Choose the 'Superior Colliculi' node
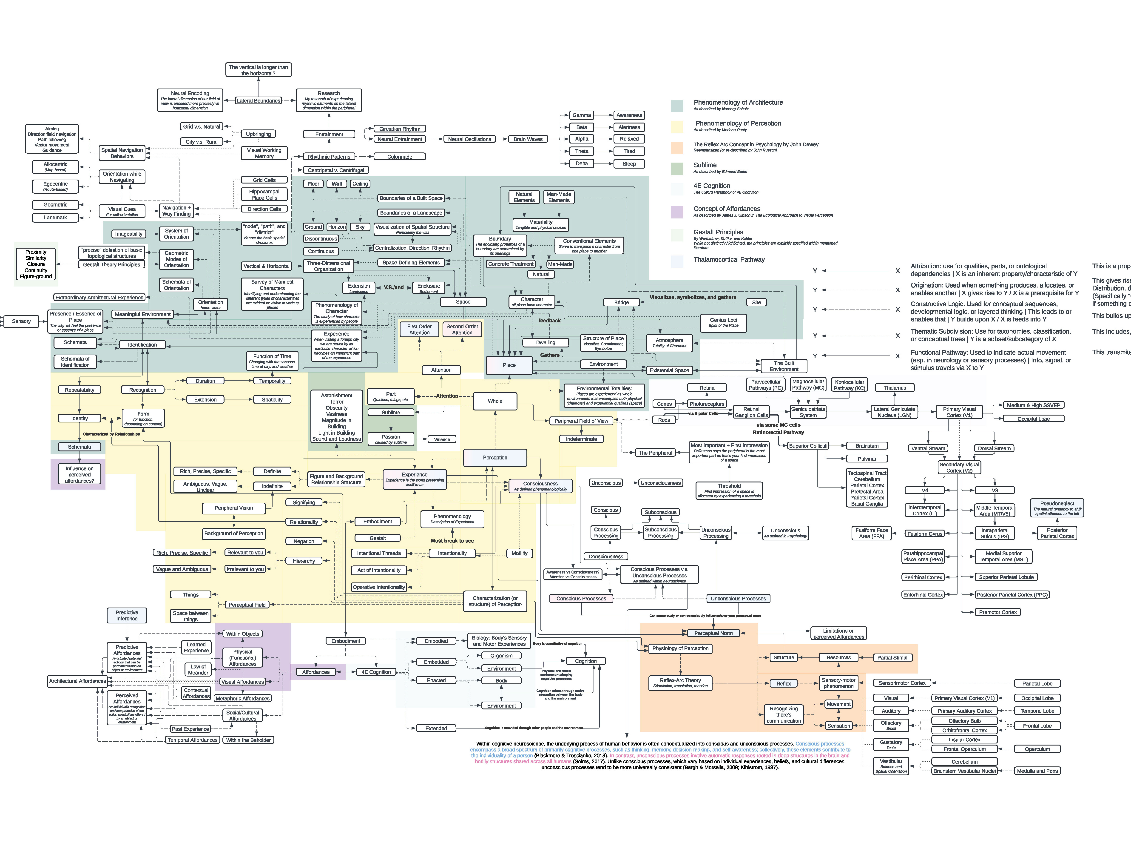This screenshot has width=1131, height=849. [x=808, y=446]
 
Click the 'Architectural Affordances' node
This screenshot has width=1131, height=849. [x=77, y=681]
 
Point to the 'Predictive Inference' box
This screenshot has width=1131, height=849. [x=127, y=615]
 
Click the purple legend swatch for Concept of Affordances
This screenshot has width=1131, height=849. [x=677, y=212]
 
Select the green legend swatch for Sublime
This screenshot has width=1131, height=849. [x=677, y=168]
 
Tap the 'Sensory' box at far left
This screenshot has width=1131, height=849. [x=21, y=321]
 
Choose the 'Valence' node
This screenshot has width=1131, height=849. [x=442, y=439]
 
